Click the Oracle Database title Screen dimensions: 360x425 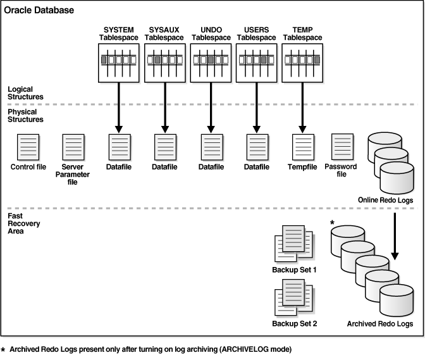click(39, 11)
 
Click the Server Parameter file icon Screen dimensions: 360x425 click(72, 147)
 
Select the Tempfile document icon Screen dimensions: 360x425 click(302, 147)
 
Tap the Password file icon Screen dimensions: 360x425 click(342, 147)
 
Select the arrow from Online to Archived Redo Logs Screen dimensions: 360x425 click(395, 237)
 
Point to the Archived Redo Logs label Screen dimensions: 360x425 click(379, 323)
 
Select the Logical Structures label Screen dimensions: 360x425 click(26, 93)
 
